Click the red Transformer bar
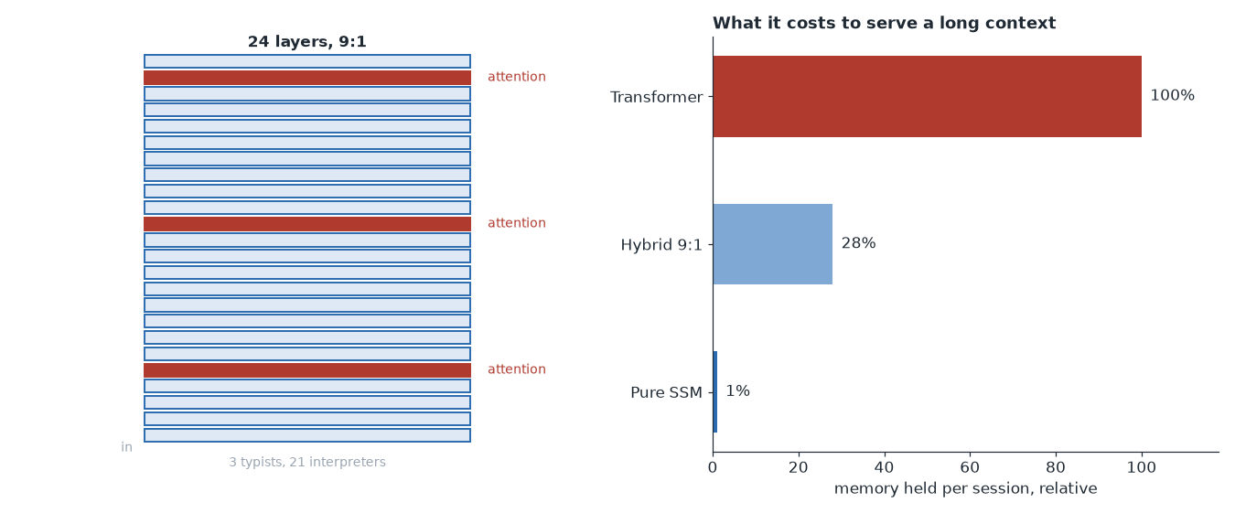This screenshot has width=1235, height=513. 927,96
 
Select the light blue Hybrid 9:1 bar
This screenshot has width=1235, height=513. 772,244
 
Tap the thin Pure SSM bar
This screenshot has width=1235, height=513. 715,391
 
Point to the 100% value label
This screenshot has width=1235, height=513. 1172,95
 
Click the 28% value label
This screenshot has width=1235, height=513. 858,243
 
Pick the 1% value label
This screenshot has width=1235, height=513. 737,390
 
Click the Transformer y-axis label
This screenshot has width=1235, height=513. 656,97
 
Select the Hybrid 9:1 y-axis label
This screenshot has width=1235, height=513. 661,245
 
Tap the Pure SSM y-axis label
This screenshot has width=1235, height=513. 666,392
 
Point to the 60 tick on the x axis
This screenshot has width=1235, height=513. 970,467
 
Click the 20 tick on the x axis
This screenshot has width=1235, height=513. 799,467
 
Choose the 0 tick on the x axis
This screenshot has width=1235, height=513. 713,467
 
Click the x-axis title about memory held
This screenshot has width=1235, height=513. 965,488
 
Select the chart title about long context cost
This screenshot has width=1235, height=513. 884,23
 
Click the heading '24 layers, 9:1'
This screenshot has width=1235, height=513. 307,41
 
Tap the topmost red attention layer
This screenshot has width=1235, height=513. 307,78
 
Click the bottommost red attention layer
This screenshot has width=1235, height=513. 307,370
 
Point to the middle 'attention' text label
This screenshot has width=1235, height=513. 517,222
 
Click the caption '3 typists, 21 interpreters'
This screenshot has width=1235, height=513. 307,462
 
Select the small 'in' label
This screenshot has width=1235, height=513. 127,447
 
